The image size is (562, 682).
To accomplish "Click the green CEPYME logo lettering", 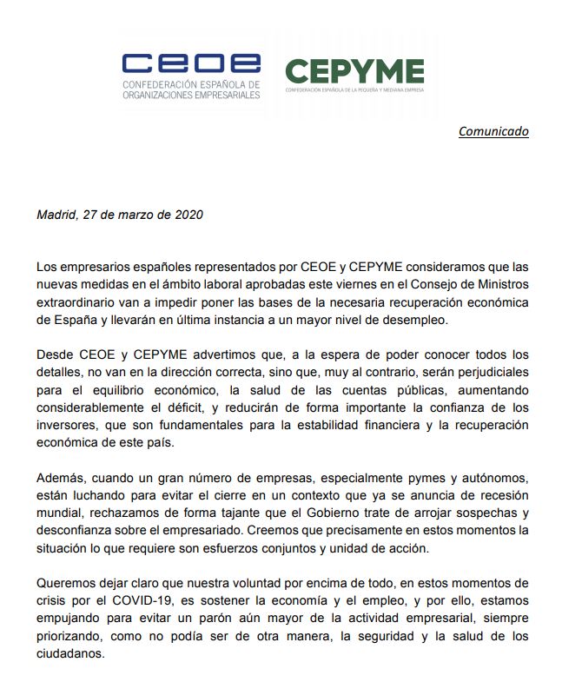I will click(354, 71).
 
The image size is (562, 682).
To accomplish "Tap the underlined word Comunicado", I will click(493, 131).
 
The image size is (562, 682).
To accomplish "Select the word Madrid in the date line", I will click(56, 215).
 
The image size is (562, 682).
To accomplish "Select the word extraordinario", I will click(76, 302).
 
